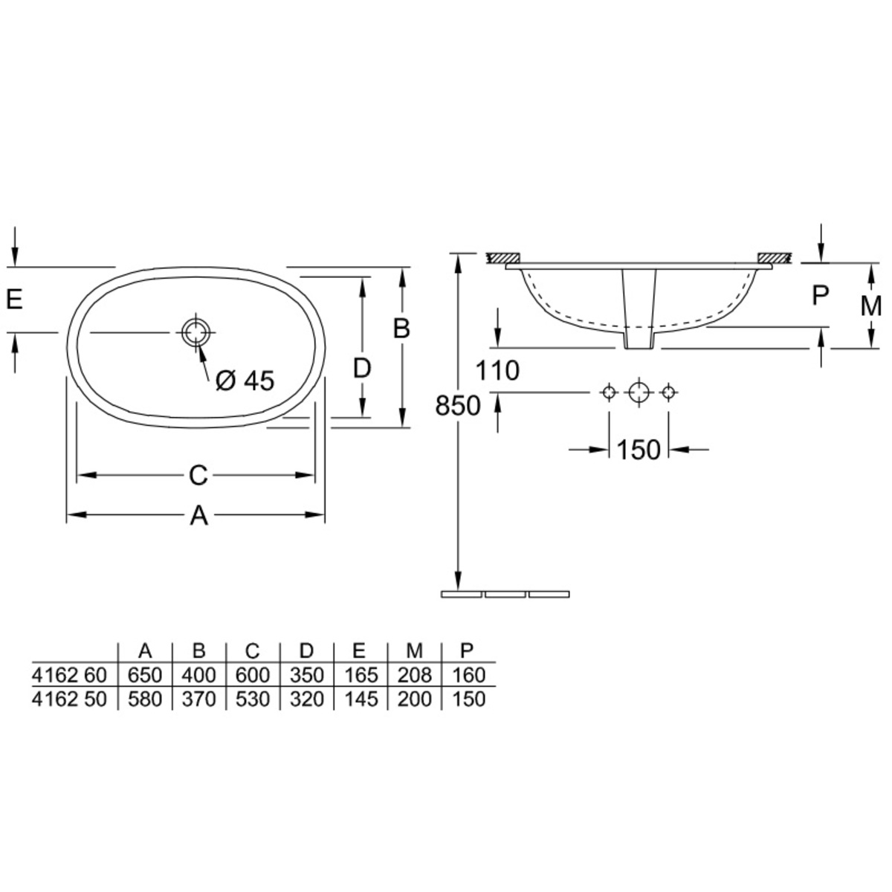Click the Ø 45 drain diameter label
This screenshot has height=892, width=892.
point(245,381)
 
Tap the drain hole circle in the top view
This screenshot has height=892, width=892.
point(195,332)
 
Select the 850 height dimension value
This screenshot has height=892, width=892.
point(458,406)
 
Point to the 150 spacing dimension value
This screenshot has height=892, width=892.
point(639,450)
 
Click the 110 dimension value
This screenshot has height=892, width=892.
point(497,371)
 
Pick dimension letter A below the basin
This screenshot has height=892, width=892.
point(198,515)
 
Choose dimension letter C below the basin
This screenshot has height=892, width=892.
point(198,476)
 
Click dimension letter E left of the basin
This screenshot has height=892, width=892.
point(14,299)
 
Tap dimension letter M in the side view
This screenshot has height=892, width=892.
point(870,306)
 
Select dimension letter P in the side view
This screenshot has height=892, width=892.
point(820,295)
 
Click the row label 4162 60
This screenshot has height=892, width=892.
point(69,676)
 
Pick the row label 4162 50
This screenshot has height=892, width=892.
point(69,699)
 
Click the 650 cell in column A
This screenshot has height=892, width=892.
point(145,676)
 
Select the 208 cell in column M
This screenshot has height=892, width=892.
point(414,676)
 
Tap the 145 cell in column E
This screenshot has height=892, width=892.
point(361,699)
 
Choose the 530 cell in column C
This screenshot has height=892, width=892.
point(253,699)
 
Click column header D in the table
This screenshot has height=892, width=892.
point(306,651)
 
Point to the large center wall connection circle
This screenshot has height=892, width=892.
point(639,393)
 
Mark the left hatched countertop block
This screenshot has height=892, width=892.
point(504,258)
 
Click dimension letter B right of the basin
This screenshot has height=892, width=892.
point(401,329)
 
